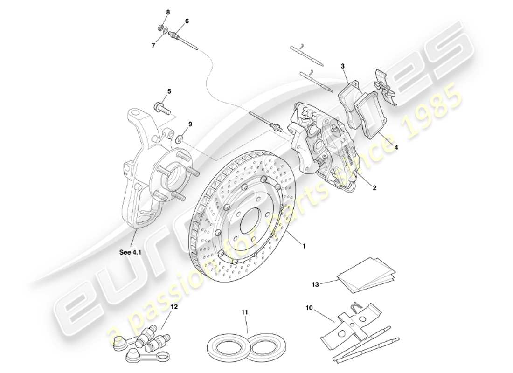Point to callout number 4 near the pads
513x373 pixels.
tap(396, 148)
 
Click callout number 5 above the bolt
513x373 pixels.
tap(169, 91)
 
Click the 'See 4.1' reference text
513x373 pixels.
tap(132, 252)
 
